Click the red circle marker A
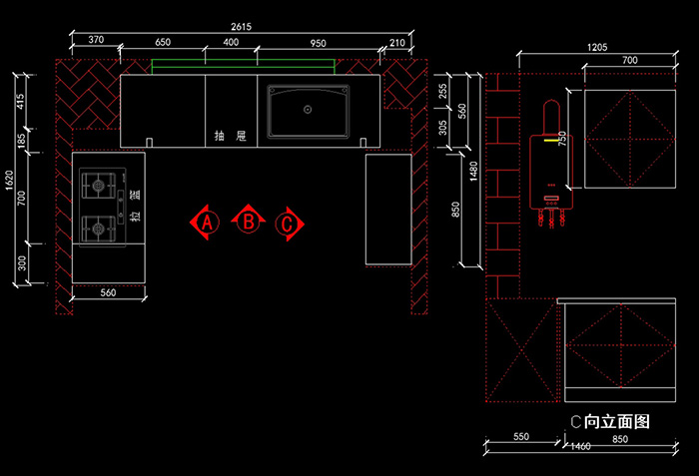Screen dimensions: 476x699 click(206, 222)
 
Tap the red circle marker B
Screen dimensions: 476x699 click(247, 221)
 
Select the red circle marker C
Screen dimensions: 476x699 click(288, 224)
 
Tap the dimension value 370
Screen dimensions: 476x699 click(96, 39)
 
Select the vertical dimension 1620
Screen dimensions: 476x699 click(9, 179)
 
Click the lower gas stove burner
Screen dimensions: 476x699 click(98, 229)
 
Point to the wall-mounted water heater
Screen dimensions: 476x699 click(550, 165)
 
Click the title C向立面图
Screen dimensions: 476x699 click(609, 422)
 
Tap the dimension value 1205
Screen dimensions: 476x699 click(598, 46)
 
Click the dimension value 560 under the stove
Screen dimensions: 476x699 click(109, 293)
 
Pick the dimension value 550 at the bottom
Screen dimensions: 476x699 click(521, 437)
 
